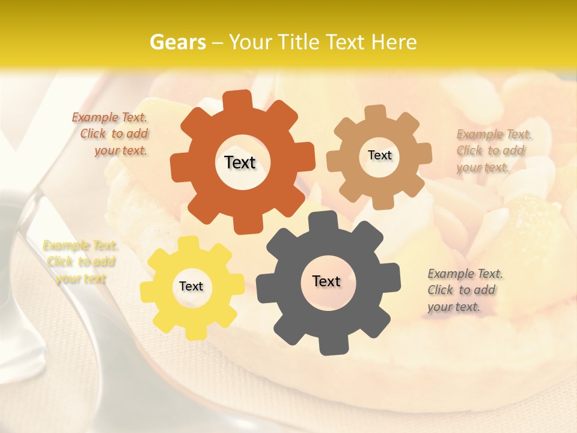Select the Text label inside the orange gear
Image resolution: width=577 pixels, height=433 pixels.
[x=240, y=162]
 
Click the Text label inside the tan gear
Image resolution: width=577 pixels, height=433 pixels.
[x=379, y=155]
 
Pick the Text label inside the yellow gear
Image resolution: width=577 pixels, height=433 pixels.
[x=191, y=286]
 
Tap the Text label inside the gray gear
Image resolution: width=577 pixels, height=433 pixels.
[x=326, y=281]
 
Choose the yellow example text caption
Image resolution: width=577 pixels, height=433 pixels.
[x=81, y=262]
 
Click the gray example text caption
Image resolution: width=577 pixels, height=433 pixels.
[x=464, y=290]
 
